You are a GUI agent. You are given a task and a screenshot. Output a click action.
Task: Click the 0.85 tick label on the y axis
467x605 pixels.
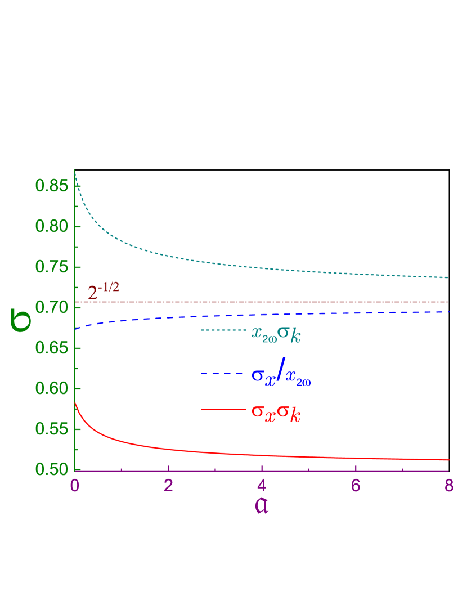click(x=51, y=186)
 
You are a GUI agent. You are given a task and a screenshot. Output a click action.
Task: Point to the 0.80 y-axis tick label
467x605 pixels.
click(x=51, y=227)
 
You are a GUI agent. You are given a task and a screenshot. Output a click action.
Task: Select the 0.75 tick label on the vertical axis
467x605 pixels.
click(x=51, y=267)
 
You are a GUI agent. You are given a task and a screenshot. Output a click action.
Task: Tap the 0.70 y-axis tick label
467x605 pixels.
click(x=51, y=308)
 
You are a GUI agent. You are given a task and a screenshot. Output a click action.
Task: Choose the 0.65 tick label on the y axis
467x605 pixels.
click(x=51, y=348)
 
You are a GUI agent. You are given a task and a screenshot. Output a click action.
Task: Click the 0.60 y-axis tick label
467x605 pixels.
click(x=51, y=389)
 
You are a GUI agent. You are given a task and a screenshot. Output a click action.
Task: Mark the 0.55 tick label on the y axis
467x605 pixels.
click(x=51, y=429)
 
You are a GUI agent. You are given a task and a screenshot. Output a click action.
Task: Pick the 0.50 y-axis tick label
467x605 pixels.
click(x=51, y=470)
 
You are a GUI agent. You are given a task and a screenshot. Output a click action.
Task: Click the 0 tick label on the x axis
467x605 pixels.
click(x=75, y=486)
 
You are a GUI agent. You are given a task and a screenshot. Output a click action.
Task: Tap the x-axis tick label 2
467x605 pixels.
click(x=168, y=486)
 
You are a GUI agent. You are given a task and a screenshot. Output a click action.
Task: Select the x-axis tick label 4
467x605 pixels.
click(x=262, y=486)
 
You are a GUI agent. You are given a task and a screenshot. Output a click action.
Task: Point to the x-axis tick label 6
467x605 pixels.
click(x=356, y=486)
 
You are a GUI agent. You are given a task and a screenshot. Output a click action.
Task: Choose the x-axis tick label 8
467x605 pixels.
click(x=449, y=486)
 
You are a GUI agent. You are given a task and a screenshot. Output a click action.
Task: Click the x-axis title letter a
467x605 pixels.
click(x=262, y=505)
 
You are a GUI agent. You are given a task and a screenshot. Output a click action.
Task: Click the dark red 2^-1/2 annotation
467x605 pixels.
click(x=104, y=292)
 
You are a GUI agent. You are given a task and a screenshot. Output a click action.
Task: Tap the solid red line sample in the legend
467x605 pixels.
click(x=223, y=410)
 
